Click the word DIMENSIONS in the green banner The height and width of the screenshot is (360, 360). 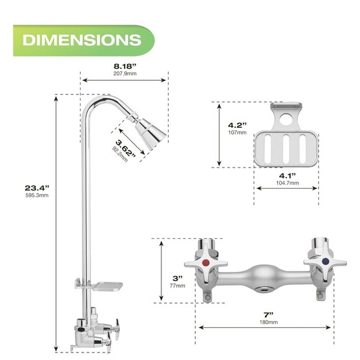pos(81,40)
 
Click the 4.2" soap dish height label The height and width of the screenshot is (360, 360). pos(235,127)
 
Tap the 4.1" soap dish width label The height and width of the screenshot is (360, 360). pos(285,176)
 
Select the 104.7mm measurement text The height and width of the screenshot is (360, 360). pos(286,184)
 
